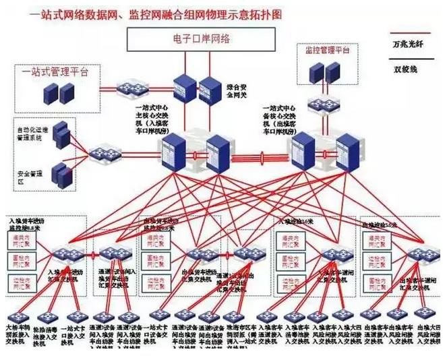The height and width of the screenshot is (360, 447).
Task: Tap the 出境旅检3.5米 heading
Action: (382, 223)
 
